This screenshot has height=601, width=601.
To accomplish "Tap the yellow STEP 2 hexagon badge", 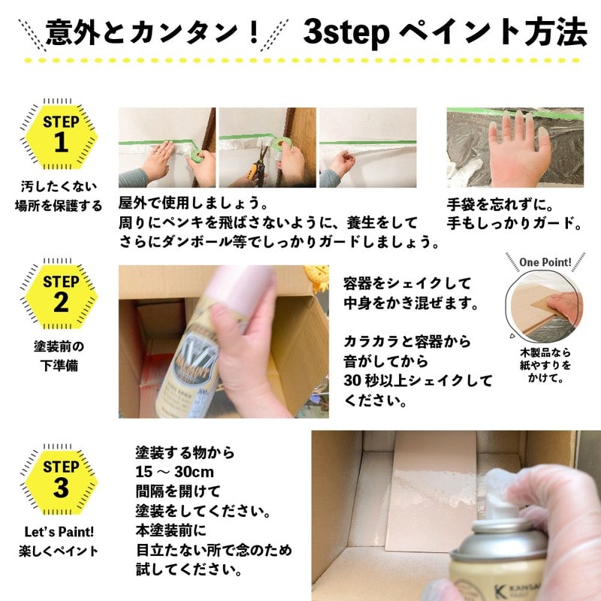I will click(61, 294).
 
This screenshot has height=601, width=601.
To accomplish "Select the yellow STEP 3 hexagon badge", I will click(61, 478).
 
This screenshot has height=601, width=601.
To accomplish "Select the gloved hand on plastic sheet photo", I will click(515, 147).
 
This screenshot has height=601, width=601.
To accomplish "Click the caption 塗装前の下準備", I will click(61, 356).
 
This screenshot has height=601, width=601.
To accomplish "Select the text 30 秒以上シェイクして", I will click(418, 379).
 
